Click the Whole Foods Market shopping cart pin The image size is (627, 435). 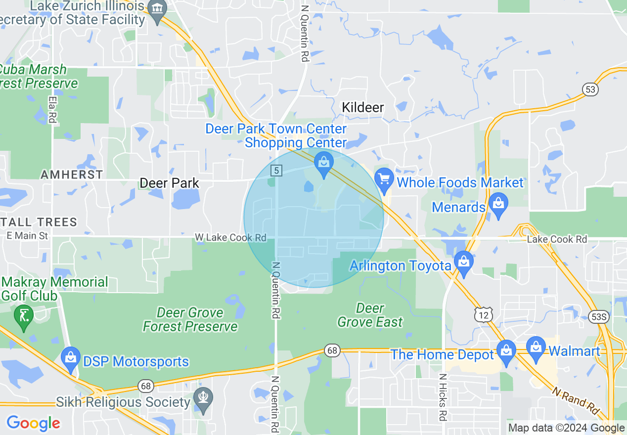(384, 180)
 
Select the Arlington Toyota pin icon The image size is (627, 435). (464, 263)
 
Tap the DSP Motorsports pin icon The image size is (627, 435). (70, 359)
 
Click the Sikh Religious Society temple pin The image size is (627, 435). (203, 400)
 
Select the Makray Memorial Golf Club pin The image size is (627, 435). (23, 317)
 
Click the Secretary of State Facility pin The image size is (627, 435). (158, 11)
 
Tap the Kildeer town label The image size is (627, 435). (363, 107)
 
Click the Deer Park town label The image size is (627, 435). (170, 183)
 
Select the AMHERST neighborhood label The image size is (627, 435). (72, 174)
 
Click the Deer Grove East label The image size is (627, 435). (370, 315)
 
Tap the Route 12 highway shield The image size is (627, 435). (483, 314)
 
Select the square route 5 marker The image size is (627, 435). (276, 171)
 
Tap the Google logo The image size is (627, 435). (34, 423)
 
